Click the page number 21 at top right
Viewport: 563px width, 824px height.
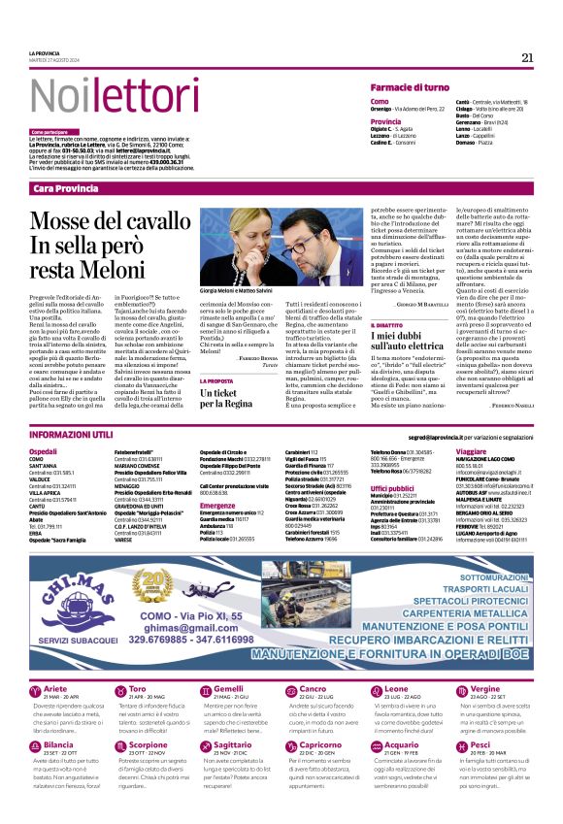tap(527, 57)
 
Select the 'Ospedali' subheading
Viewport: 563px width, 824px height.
tap(44, 451)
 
